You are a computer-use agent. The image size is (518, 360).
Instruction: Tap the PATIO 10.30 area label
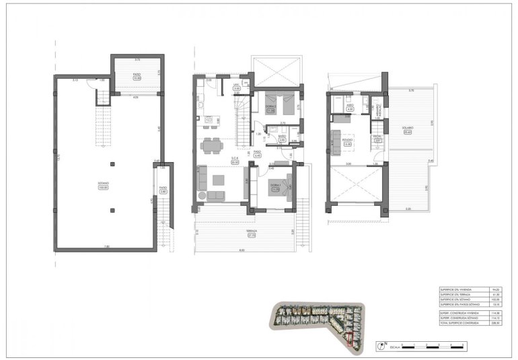(137, 75)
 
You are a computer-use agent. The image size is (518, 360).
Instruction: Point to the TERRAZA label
(252, 230)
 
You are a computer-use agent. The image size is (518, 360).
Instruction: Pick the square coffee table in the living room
(219, 179)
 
